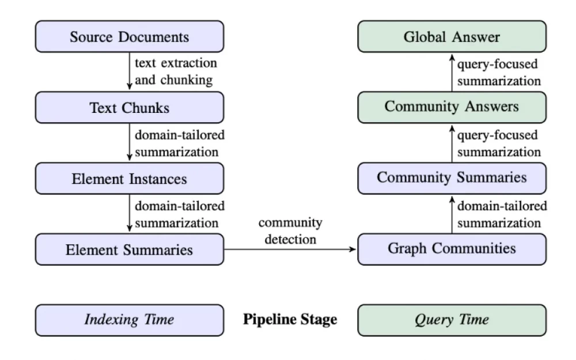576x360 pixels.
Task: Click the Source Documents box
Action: (x=129, y=37)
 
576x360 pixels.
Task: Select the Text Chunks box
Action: (x=129, y=108)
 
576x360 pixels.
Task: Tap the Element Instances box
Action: (x=129, y=179)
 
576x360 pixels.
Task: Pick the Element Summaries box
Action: (x=129, y=249)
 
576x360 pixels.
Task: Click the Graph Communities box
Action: (x=452, y=249)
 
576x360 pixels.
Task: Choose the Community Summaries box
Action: (x=452, y=177)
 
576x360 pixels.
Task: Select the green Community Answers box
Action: (x=452, y=107)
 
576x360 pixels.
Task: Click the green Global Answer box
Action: (x=452, y=37)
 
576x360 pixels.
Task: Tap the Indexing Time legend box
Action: (x=129, y=320)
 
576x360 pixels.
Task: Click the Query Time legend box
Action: (x=452, y=320)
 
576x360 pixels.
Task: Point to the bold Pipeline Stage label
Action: (x=290, y=320)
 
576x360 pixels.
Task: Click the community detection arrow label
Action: (x=290, y=230)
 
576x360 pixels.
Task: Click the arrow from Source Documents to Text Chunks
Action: (x=129, y=72)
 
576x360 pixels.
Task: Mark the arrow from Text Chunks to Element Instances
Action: (x=129, y=143)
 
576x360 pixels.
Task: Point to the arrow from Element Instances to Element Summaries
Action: (x=129, y=214)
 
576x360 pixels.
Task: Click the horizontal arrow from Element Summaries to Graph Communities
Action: (x=290, y=249)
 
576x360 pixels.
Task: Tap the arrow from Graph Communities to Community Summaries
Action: (x=452, y=214)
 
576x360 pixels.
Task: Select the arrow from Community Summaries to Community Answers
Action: (x=452, y=143)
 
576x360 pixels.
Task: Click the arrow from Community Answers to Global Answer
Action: (x=452, y=72)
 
